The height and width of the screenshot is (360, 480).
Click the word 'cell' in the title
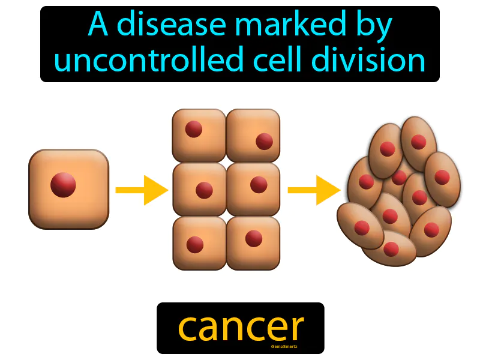click(274, 61)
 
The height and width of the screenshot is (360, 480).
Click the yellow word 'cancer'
click(241, 327)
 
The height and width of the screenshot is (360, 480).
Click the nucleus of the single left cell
click(63, 185)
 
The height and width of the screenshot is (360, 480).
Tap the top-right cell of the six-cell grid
click(253, 135)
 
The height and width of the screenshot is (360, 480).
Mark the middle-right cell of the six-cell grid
click(253, 188)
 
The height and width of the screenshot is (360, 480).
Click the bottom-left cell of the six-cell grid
click(199, 242)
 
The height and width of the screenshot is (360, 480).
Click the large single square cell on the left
click(68, 189)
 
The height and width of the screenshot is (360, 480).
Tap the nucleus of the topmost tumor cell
click(419, 142)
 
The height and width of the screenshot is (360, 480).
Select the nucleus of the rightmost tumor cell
click(442, 177)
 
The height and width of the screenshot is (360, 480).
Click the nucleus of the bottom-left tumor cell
click(362, 228)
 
